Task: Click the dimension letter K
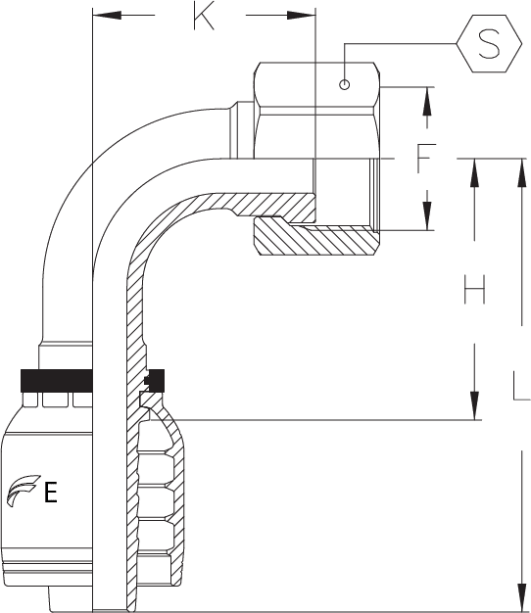coord(204,16)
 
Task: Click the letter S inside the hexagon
coord(489,44)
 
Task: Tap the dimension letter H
coord(475,289)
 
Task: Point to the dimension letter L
coord(522,386)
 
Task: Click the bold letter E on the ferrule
coord(50,492)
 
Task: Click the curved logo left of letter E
coord(24,491)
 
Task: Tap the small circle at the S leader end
coord(344,84)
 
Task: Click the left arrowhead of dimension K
coord(107,16)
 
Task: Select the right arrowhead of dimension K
coord(301,16)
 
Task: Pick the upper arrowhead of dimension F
coord(428,101)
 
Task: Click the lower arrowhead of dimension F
coord(428,215)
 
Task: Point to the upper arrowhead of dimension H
coord(475,173)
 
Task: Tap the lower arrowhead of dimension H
coord(475,405)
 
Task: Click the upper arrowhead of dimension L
coord(522,173)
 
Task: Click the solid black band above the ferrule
coord(56,380)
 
